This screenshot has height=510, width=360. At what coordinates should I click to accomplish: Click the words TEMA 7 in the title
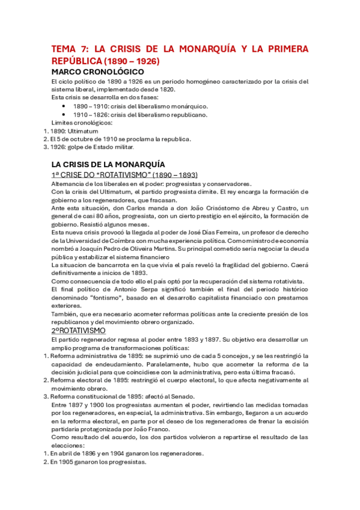[69, 49]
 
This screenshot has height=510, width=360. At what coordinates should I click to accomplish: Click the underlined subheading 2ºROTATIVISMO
[79, 331]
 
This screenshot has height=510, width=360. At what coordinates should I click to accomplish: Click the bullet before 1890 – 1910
[64, 105]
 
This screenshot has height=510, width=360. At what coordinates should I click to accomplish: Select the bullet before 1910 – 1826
[64, 114]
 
